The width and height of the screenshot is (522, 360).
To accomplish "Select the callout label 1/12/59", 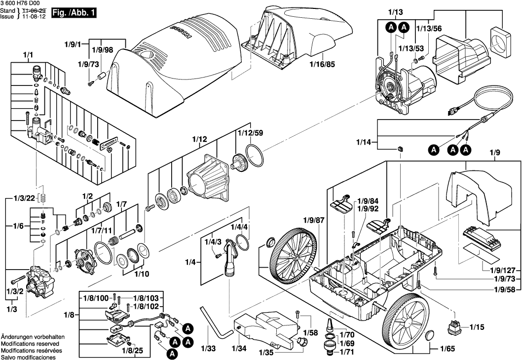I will (x=250, y=133).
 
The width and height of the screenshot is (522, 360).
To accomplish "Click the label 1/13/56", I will (x=431, y=29).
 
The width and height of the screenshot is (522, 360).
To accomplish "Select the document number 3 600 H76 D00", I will (x=20, y=3).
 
